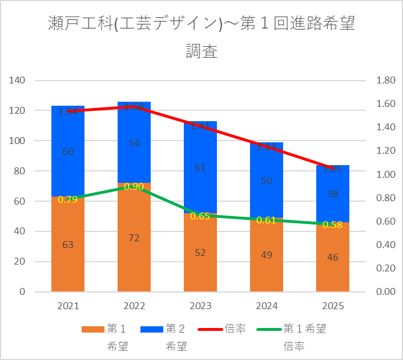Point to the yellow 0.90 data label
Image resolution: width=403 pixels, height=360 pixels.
(x=134, y=186)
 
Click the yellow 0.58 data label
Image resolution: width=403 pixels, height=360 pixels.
(x=333, y=225)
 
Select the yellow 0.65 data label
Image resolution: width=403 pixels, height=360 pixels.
(x=200, y=216)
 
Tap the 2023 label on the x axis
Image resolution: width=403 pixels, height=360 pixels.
(x=200, y=306)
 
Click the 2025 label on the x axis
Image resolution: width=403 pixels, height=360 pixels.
(x=333, y=306)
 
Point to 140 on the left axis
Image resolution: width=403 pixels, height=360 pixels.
(x=18, y=81)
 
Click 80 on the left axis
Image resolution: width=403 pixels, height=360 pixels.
(x=20, y=171)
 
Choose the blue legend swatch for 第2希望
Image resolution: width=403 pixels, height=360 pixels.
(x=152, y=329)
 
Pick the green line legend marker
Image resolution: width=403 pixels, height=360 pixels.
(x=269, y=329)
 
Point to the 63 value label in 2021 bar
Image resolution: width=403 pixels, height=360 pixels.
(x=68, y=245)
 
